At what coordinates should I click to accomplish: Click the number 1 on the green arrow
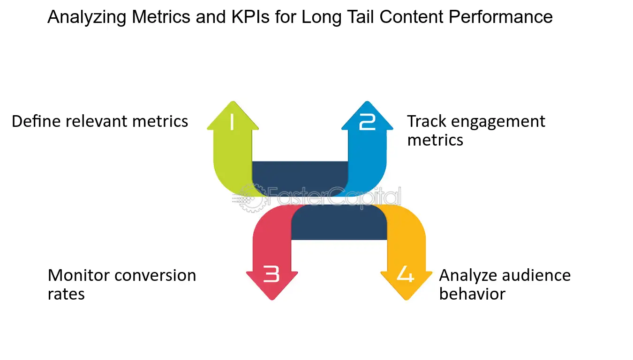pyautogui.click(x=232, y=123)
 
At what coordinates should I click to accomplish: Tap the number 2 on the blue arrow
pyautogui.click(x=367, y=123)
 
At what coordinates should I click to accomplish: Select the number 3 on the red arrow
pyautogui.click(x=271, y=274)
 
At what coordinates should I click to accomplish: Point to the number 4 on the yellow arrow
pyautogui.click(x=406, y=274)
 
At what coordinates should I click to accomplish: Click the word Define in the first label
pyautogui.click(x=36, y=121)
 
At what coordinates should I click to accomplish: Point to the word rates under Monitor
pyautogui.click(x=66, y=294)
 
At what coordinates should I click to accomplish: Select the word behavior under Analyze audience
pyautogui.click(x=472, y=294)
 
